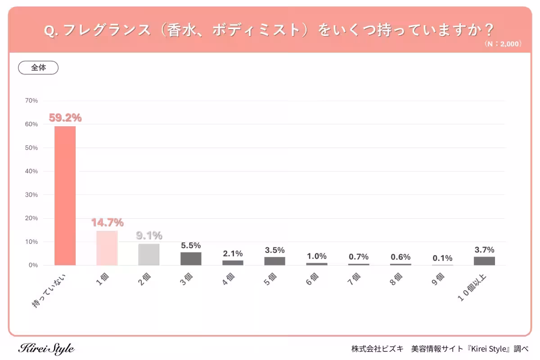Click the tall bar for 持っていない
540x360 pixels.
(x=65, y=196)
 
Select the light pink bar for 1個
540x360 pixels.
(x=107, y=248)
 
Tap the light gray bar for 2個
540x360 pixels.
(x=149, y=255)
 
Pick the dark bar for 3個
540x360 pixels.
(x=191, y=259)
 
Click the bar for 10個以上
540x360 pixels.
(x=484, y=261)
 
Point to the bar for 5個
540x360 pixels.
(x=274, y=261)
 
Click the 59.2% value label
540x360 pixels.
(x=65, y=118)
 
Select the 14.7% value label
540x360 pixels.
(x=107, y=223)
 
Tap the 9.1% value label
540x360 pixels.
(x=149, y=236)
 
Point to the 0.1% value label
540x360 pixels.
(x=442, y=258)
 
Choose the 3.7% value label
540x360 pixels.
(x=484, y=250)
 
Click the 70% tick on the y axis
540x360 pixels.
(x=31, y=100)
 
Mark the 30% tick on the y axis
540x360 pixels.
(x=31, y=195)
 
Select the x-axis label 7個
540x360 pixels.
(x=354, y=277)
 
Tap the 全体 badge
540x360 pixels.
(x=38, y=68)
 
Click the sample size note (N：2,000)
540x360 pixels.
(x=503, y=44)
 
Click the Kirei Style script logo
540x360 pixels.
(x=46, y=349)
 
